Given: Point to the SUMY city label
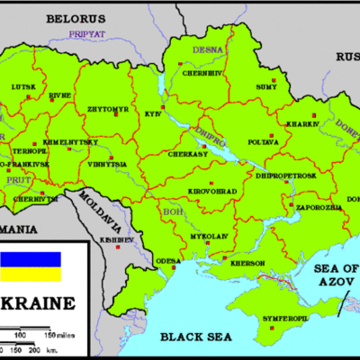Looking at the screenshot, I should tap(266, 86).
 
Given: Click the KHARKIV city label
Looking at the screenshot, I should tap(303, 124).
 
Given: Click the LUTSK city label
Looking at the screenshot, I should tap(23, 86).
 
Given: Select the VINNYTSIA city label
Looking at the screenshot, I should tap(106, 166).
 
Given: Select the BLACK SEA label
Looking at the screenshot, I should tap(192, 337).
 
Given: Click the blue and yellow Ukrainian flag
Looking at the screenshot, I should tap(31, 260).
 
